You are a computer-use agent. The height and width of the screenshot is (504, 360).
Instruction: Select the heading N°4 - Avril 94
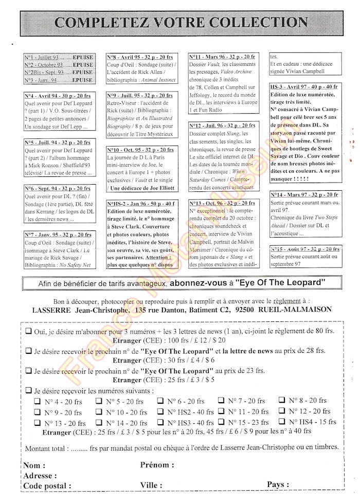coord(57,96)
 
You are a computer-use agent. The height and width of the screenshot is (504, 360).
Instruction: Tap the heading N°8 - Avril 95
coord(139,57)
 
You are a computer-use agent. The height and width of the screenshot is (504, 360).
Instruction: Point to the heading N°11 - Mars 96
coord(222,57)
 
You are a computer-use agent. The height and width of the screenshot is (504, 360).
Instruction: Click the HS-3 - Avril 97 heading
coord(303,87)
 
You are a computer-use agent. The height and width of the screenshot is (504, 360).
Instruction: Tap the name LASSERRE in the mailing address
coord(55,310)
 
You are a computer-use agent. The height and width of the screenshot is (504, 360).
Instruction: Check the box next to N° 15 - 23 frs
coord(222,422)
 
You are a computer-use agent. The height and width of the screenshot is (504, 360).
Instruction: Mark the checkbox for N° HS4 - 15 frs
coord(282,422)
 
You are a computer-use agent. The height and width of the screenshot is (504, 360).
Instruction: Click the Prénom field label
coord(157,465)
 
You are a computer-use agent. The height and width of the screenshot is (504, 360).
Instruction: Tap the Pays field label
coord(278,485)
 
